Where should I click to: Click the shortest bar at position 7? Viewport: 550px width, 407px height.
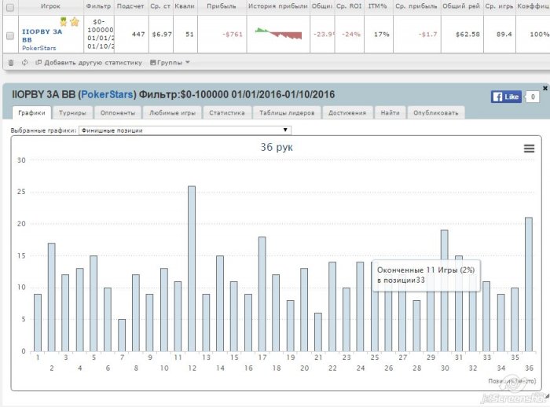[122, 335]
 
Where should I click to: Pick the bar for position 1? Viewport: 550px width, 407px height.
[37, 322]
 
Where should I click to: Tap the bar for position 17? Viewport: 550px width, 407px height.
[262, 294]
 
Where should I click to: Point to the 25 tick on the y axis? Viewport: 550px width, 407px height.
[21, 192]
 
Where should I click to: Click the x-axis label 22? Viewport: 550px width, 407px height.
[333, 368]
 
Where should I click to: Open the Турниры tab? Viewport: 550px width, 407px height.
[73, 113]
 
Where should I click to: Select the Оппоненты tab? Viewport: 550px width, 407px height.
[118, 113]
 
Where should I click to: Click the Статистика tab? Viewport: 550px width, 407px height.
[225, 113]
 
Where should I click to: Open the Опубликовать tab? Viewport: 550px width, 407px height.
[435, 113]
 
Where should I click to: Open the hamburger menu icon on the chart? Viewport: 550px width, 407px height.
[529, 148]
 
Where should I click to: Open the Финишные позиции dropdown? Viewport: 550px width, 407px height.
[185, 130]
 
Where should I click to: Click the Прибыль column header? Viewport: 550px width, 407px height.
[222, 5]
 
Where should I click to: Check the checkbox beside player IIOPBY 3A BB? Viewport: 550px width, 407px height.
[9, 35]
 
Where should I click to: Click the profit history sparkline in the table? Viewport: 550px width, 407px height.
[278, 35]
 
